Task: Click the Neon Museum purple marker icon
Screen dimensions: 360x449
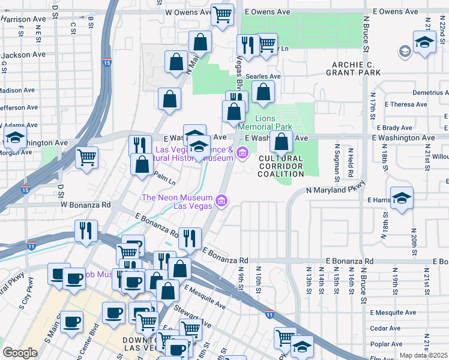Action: (x=221, y=200)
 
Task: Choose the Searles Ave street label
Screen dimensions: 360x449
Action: (x=267, y=77)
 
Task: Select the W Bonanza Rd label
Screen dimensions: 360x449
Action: (x=86, y=205)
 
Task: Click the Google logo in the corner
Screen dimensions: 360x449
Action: (x=20, y=353)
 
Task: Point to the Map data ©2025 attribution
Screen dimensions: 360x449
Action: (x=424, y=355)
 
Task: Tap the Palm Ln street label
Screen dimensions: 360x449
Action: (x=164, y=178)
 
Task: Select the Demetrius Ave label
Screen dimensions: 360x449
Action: (x=430, y=93)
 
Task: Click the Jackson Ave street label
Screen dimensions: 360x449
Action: (x=23, y=54)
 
